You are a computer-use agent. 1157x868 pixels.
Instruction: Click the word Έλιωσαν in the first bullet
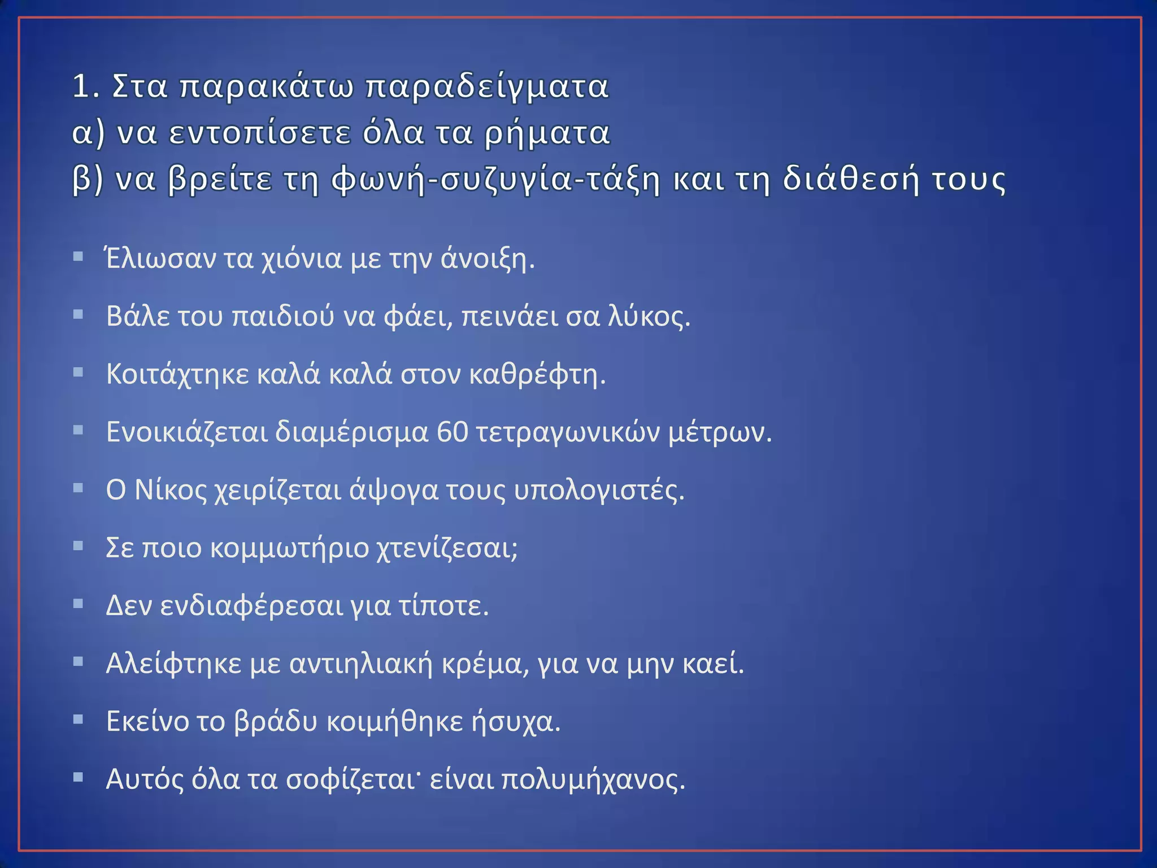pos(160,259)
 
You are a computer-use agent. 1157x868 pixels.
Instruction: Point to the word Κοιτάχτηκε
pos(177,374)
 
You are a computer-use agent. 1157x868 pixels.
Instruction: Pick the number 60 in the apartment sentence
pos(453,432)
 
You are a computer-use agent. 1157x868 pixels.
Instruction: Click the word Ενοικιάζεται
pos(186,432)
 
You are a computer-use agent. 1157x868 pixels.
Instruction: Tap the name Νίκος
pos(171,490)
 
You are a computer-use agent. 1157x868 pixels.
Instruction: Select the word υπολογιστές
pos(599,490)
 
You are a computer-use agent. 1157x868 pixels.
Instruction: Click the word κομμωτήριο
pos(289,548)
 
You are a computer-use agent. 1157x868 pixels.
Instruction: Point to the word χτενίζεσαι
pos(447,548)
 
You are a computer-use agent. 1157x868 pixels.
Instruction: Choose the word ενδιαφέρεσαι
pos(251,606)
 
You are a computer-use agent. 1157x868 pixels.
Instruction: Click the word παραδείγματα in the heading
pos(487,86)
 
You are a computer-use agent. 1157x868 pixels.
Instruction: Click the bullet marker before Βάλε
pos(79,315)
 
